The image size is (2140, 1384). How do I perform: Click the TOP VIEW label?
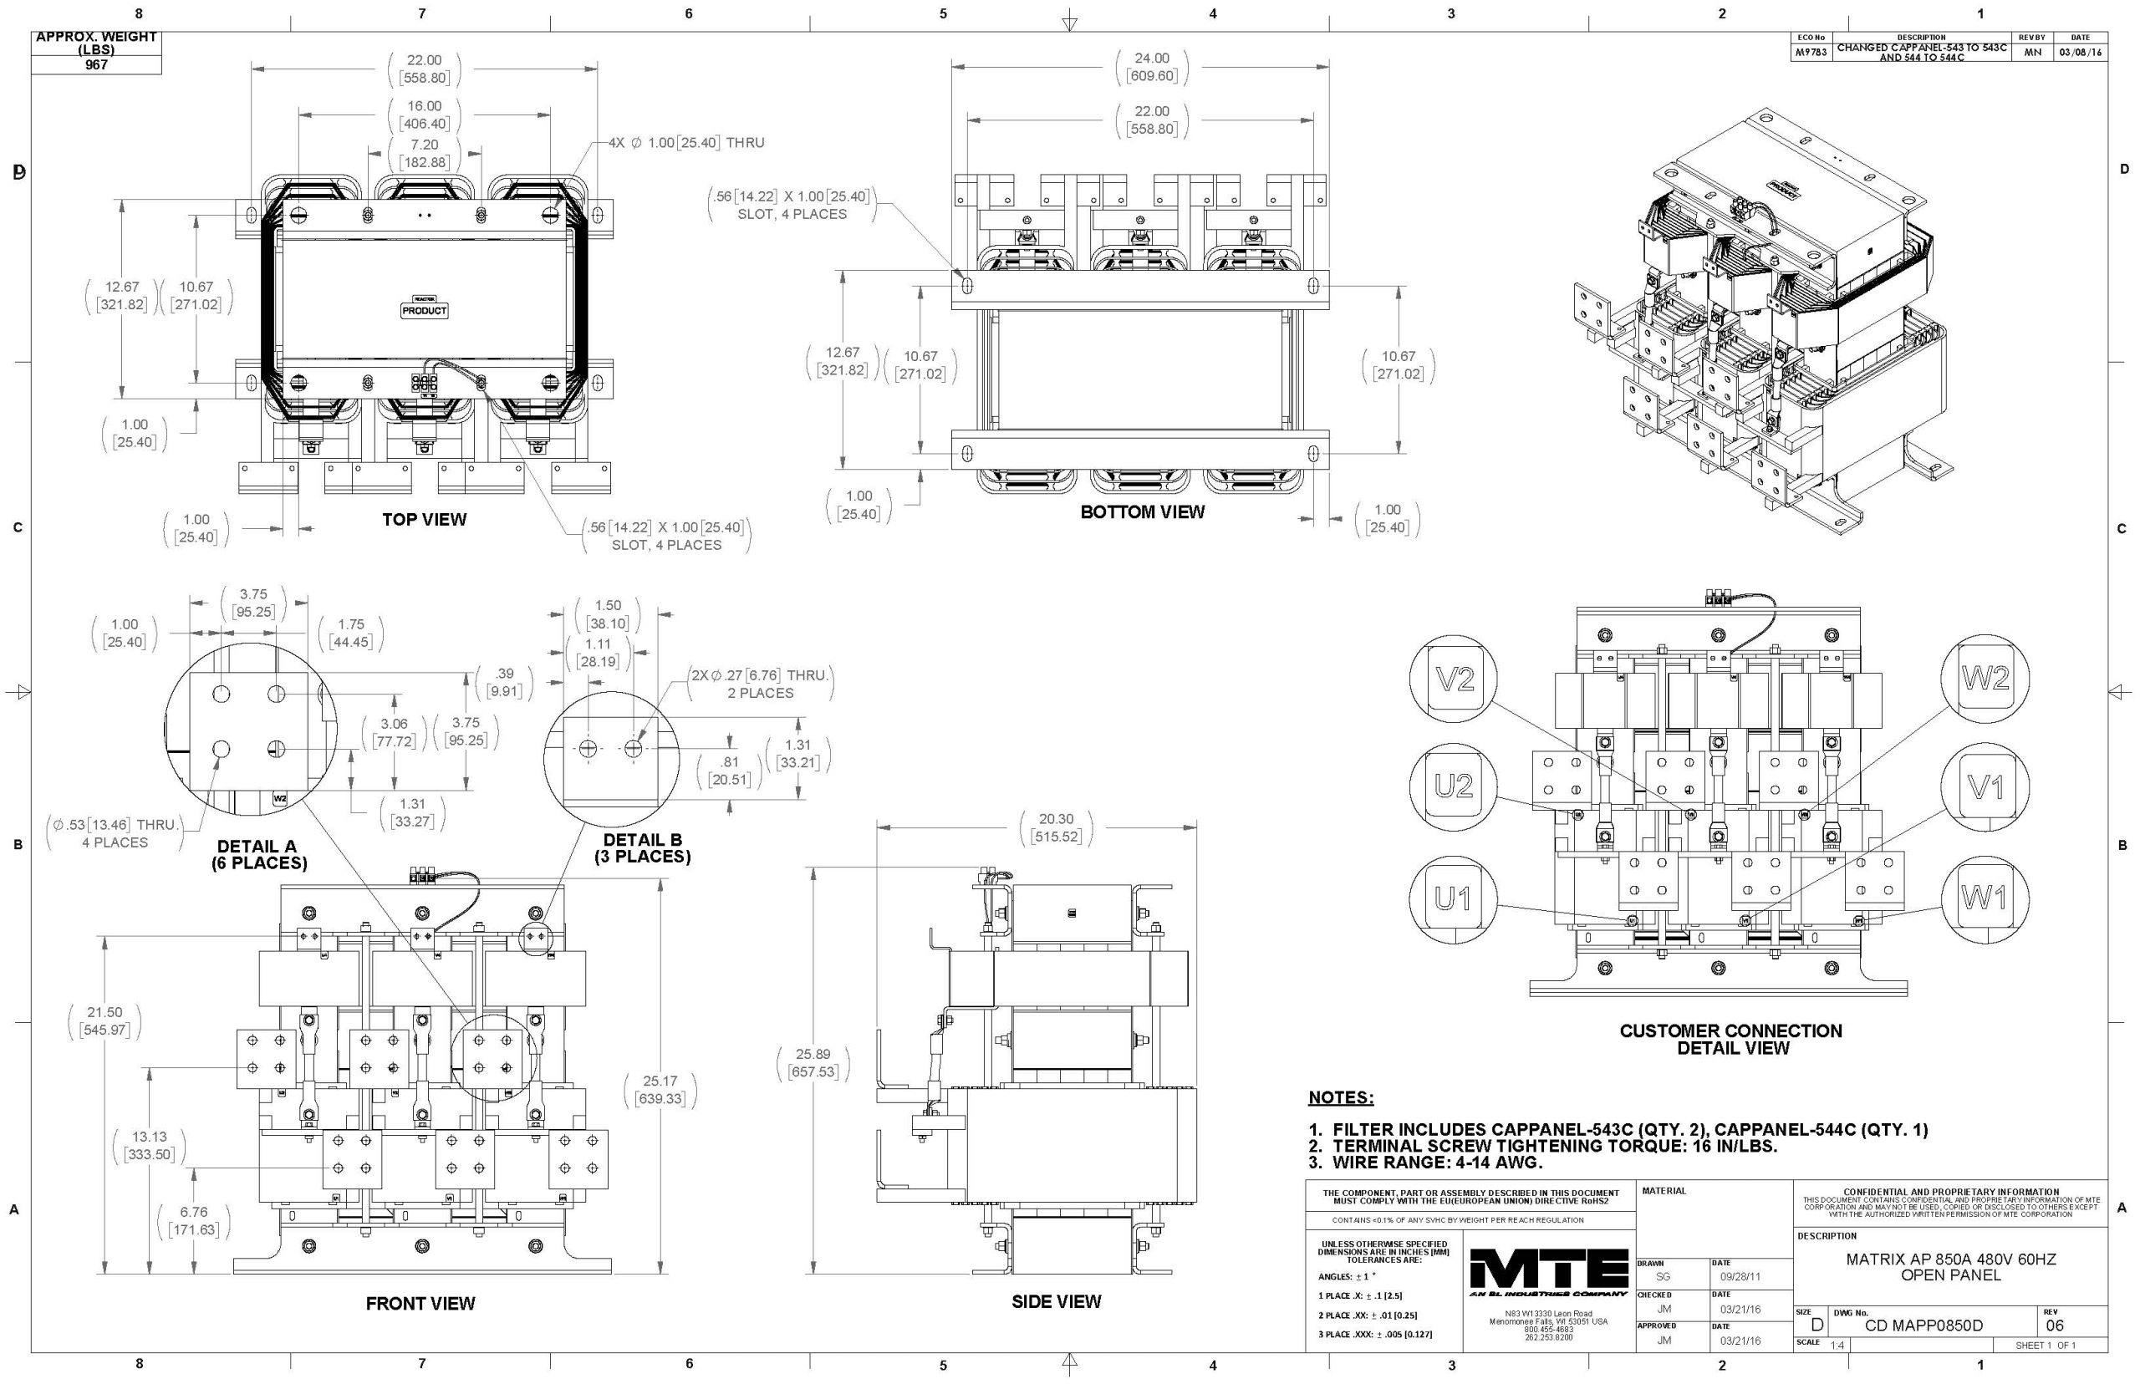[x=424, y=520]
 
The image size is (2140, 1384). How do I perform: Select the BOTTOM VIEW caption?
[x=1141, y=512]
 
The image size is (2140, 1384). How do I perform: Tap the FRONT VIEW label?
[x=420, y=1303]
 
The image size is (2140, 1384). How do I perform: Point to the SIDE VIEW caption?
[x=1055, y=1301]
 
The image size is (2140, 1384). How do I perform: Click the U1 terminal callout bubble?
[x=1452, y=898]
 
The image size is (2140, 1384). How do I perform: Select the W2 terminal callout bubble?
[x=1985, y=679]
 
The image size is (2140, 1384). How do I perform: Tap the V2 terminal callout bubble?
[x=1455, y=680]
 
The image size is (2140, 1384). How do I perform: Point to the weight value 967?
[x=96, y=64]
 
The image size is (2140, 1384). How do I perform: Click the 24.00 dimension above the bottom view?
[x=1151, y=59]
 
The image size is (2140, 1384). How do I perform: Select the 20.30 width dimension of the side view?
[x=1056, y=820]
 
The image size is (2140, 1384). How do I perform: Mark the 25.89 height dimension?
[x=813, y=1054]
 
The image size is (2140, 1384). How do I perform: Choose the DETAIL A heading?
[x=257, y=847]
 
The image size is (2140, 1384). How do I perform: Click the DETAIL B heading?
[x=642, y=840]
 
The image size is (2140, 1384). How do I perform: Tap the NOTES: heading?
[x=1341, y=1097]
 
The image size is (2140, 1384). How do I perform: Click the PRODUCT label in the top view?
[x=424, y=311]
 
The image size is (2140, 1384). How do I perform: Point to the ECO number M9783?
[x=1810, y=53]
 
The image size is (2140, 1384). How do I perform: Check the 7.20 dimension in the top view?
[x=424, y=145]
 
